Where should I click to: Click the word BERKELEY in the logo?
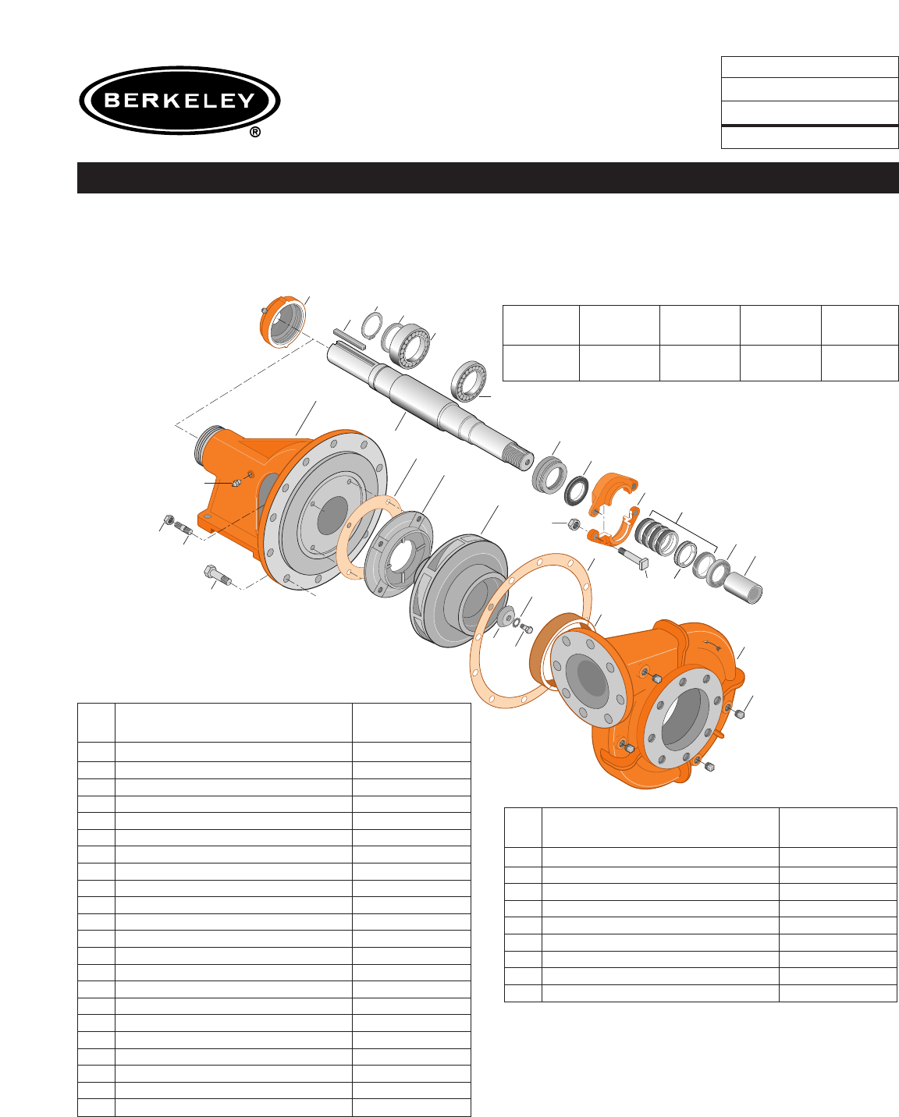click(179, 100)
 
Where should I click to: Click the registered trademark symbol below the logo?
click(255, 133)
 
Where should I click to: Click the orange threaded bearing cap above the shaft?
click(282, 322)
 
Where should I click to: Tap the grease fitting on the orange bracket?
click(236, 484)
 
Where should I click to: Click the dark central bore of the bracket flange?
click(332, 515)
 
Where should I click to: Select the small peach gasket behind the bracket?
click(369, 537)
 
